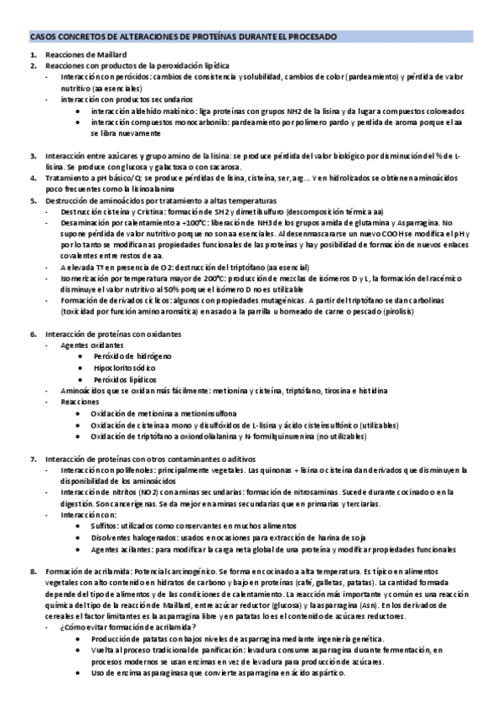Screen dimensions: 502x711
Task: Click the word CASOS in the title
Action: [44, 38]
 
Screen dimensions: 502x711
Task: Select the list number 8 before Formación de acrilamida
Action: [33, 571]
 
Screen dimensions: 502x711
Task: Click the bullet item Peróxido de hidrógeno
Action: [132, 356]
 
